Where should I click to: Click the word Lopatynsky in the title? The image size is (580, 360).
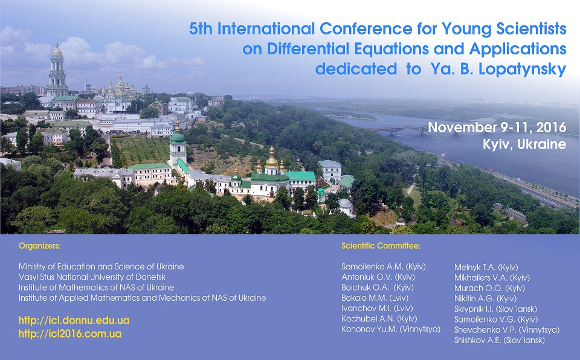(x=522, y=69)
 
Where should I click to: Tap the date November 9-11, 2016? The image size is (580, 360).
(x=497, y=127)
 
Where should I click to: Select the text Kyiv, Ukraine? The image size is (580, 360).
(x=524, y=144)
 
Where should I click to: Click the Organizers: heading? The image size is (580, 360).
(x=40, y=246)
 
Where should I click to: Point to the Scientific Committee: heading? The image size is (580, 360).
(x=381, y=246)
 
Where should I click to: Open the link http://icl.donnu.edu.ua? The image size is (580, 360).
(x=74, y=320)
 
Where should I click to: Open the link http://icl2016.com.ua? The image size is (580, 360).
(x=70, y=334)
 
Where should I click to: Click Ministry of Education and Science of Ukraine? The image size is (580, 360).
(x=101, y=266)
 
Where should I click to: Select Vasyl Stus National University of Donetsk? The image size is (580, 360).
(x=92, y=277)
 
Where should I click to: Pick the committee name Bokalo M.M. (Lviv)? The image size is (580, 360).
(x=375, y=298)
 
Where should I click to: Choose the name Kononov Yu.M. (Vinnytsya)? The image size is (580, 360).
(x=391, y=329)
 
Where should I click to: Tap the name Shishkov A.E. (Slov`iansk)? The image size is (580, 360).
(x=500, y=341)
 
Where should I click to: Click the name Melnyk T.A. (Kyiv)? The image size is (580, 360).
(x=486, y=267)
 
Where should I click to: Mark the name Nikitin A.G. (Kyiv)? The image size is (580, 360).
(x=485, y=298)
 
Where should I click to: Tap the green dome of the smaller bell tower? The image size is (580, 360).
(x=178, y=138)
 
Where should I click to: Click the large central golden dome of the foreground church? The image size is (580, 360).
(x=272, y=161)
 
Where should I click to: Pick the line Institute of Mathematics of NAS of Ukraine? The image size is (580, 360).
(x=97, y=287)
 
